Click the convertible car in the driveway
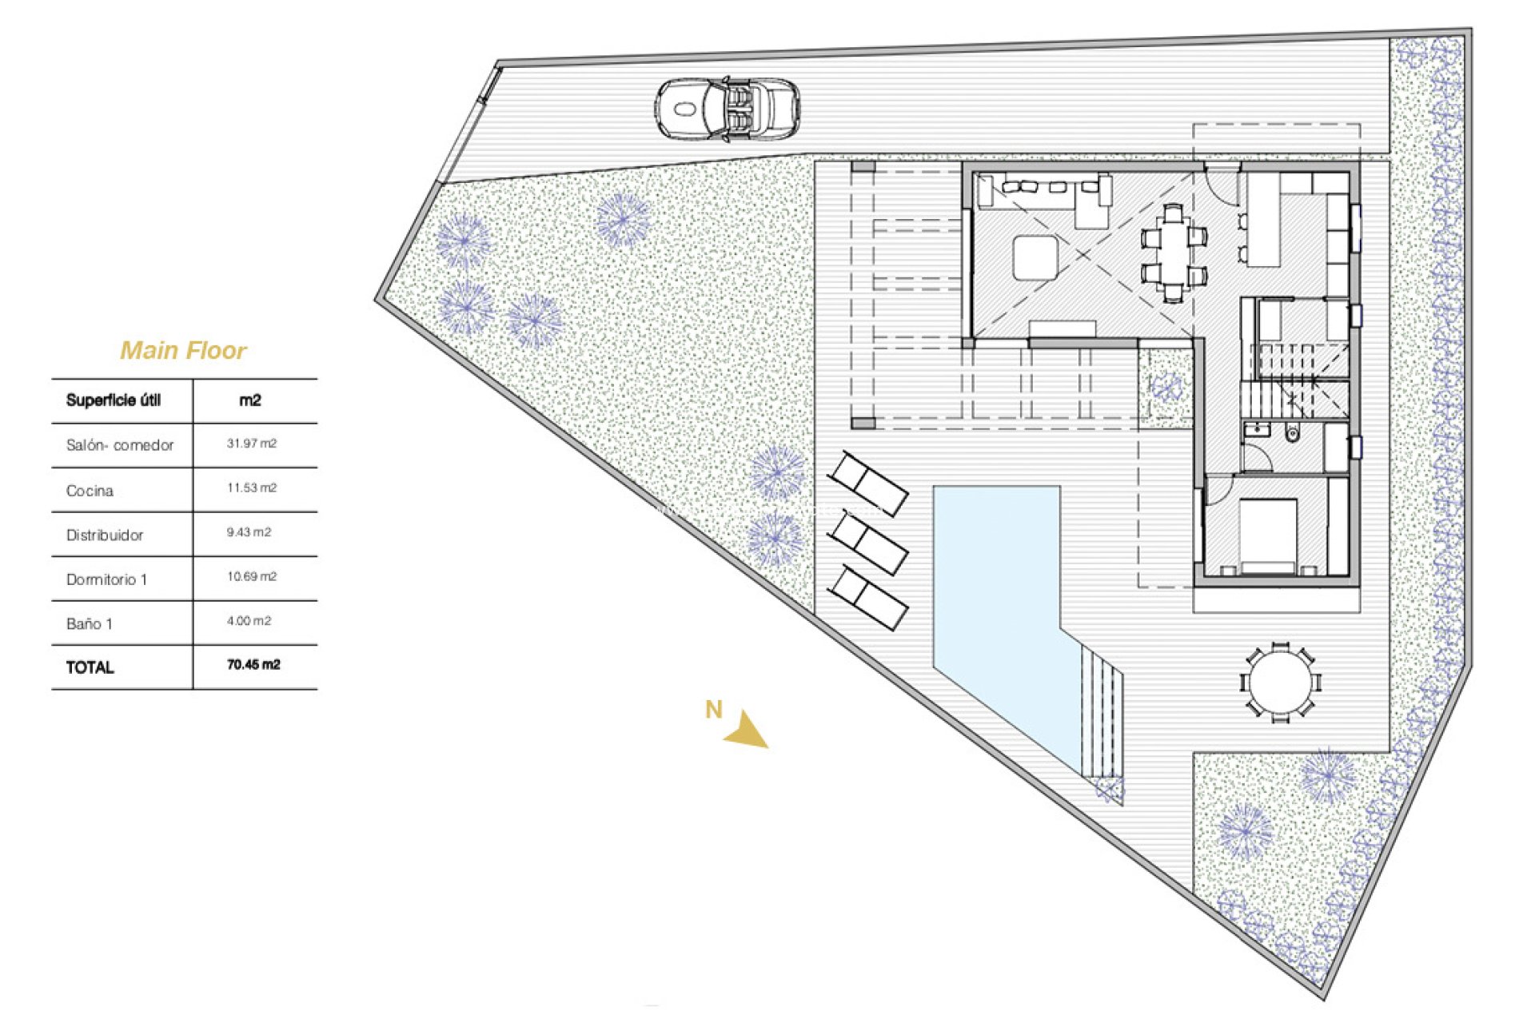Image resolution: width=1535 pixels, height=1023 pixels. [x=728, y=109]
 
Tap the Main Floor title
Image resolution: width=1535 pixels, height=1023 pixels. [x=183, y=350]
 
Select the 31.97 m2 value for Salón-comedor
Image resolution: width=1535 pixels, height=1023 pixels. [x=252, y=444]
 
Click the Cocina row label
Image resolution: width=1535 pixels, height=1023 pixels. [x=90, y=491]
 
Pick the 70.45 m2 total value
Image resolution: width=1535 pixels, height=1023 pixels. [x=253, y=665]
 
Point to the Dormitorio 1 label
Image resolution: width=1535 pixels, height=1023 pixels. [x=106, y=579]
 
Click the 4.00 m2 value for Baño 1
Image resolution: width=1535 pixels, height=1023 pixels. [x=249, y=621]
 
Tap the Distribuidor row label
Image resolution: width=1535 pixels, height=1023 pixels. [x=105, y=535]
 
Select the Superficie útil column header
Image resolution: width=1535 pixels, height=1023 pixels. [x=114, y=400]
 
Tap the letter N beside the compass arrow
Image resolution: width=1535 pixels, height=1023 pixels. [x=713, y=709]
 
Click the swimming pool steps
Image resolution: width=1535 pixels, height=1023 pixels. [x=1102, y=711]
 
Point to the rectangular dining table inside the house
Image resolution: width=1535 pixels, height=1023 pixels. [x=1173, y=252]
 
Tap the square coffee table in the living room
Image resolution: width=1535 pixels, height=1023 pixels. [x=1035, y=257]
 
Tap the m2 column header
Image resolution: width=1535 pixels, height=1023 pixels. [x=250, y=400]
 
